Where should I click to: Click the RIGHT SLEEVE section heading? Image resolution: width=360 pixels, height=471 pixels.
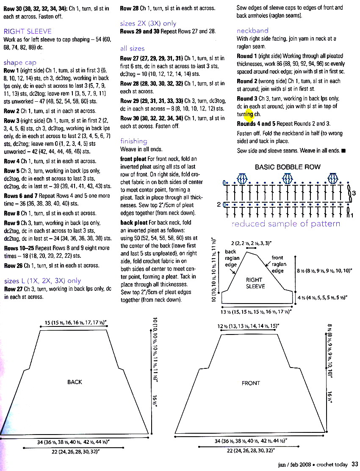tap(28, 31)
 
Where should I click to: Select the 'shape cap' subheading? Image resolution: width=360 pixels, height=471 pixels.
tap(20, 63)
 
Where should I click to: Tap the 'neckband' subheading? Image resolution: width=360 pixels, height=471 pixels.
tap(252, 31)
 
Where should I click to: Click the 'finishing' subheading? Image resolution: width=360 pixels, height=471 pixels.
tap(134, 141)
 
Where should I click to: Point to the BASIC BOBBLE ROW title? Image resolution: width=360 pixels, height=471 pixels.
tap(288, 167)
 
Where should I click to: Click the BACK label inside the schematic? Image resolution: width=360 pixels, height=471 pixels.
tap(75, 382)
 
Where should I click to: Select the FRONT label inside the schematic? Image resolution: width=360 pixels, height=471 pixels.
tap(251, 383)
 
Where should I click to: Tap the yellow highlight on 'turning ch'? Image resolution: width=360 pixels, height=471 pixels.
tap(249, 114)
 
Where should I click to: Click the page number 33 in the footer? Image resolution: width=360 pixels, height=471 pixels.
tap(355, 464)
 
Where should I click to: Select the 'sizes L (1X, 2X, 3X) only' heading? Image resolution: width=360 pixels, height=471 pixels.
tap(42, 281)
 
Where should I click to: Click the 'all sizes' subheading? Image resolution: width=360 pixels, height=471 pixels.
tap(132, 49)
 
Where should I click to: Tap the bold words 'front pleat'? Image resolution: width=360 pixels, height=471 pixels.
tap(133, 159)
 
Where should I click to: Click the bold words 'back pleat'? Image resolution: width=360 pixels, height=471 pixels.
tap(133, 223)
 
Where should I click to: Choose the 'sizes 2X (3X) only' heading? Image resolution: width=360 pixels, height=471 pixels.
tap(148, 24)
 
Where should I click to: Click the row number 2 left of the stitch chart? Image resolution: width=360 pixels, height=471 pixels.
tap(219, 205)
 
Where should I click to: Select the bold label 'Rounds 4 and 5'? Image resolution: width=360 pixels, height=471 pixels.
tap(256, 124)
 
